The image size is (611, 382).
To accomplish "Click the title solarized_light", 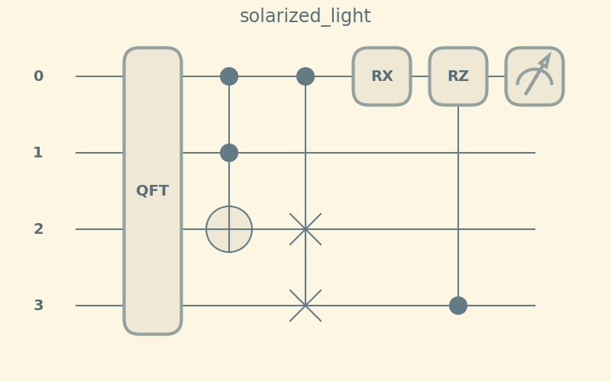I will (305, 16).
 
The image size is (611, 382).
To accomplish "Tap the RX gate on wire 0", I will (382, 76).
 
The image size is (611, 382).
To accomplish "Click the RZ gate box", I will (458, 76).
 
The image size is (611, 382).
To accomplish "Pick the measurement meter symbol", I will (535, 76).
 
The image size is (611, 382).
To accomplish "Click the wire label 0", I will (38, 76).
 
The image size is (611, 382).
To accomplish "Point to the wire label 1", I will (38, 153).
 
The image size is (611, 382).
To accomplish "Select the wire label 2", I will (38, 229).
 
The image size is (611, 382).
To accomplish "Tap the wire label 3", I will (38, 306).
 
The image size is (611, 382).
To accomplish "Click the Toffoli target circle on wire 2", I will (229, 229).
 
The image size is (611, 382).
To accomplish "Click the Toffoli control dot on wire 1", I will (229, 153).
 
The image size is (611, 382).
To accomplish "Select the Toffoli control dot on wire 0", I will (229, 76).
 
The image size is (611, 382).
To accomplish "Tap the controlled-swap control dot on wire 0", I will (305, 76).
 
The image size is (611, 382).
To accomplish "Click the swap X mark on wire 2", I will (305, 229).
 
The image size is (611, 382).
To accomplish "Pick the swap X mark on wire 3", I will (305, 306).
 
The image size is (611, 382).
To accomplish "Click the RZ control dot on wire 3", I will (458, 306).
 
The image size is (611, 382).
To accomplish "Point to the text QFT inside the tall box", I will (153, 191).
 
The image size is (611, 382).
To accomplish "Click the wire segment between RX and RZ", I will (420, 76).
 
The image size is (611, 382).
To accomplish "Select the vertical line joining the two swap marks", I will (305, 267).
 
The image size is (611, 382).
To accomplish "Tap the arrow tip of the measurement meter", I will (548, 57).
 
